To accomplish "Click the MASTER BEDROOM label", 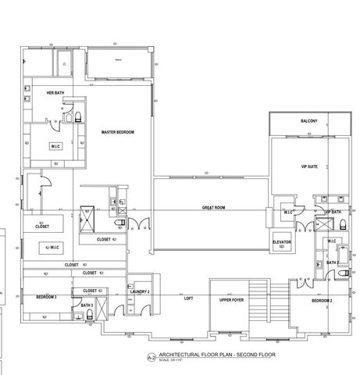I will [x=118, y=133].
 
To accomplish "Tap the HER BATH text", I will [x=55, y=93].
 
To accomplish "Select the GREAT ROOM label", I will [x=213, y=207].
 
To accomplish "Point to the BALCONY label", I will [x=308, y=121].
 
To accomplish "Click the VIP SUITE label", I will [x=308, y=166].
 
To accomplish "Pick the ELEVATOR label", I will [x=282, y=243].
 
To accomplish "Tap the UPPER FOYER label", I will [x=232, y=298].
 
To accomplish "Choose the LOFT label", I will [x=188, y=298].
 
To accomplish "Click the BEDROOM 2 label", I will [x=323, y=301].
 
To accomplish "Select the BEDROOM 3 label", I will [x=45, y=298].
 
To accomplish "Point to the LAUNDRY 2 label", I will [x=140, y=291].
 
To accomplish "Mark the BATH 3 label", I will [x=87, y=305].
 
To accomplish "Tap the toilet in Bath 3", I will [x=91, y=314].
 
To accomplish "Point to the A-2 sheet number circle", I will [x=151, y=358].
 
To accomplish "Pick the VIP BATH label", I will [x=334, y=212].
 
